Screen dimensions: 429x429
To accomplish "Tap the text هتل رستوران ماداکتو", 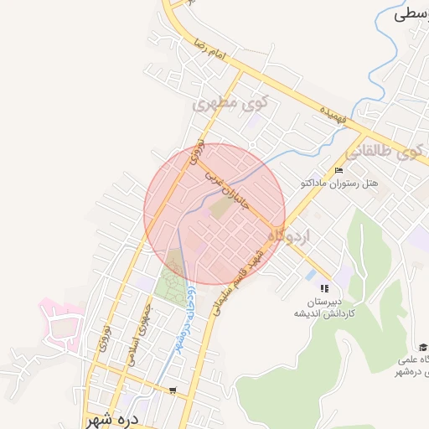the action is coord(341,183).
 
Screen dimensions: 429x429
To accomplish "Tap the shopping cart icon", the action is coord(173,390).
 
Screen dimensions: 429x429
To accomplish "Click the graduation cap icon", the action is coord(423,347).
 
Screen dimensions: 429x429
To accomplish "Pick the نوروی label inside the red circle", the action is coord(194,153).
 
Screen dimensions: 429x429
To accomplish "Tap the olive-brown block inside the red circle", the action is coord(219,206).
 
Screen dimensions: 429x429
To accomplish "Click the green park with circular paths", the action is coord(173,280).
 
